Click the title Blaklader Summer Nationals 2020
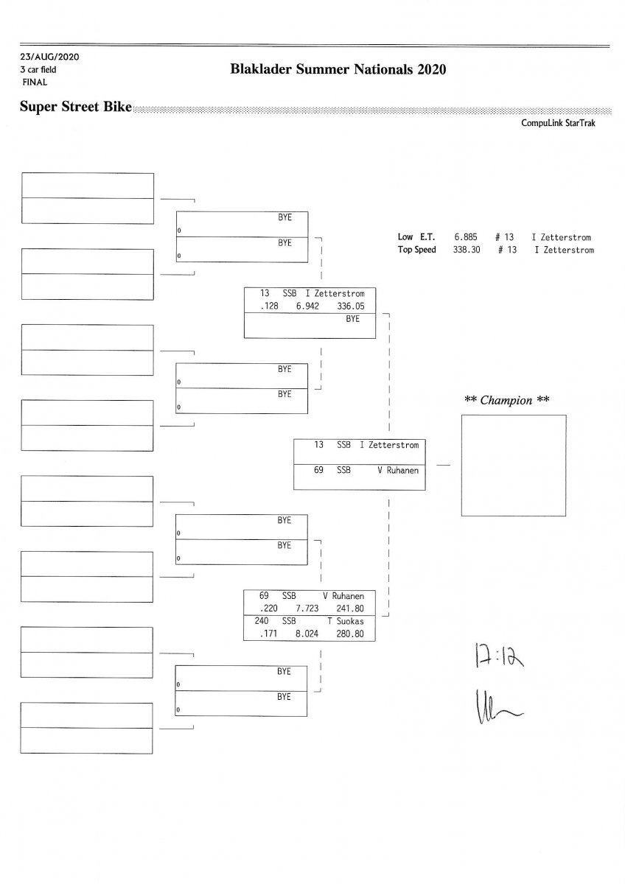tap(338, 71)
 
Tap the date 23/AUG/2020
tap(49, 57)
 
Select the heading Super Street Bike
tap(75, 108)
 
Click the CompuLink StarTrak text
tap(558, 124)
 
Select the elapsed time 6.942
tap(307, 306)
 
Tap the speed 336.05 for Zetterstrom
tap(350, 306)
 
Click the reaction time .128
tap(269, 306)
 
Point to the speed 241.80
tap(350, 608)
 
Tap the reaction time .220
tap(269, 608)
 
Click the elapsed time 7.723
tap(307, 608)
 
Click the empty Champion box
tap(513, 465)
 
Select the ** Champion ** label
tap(507, 400)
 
